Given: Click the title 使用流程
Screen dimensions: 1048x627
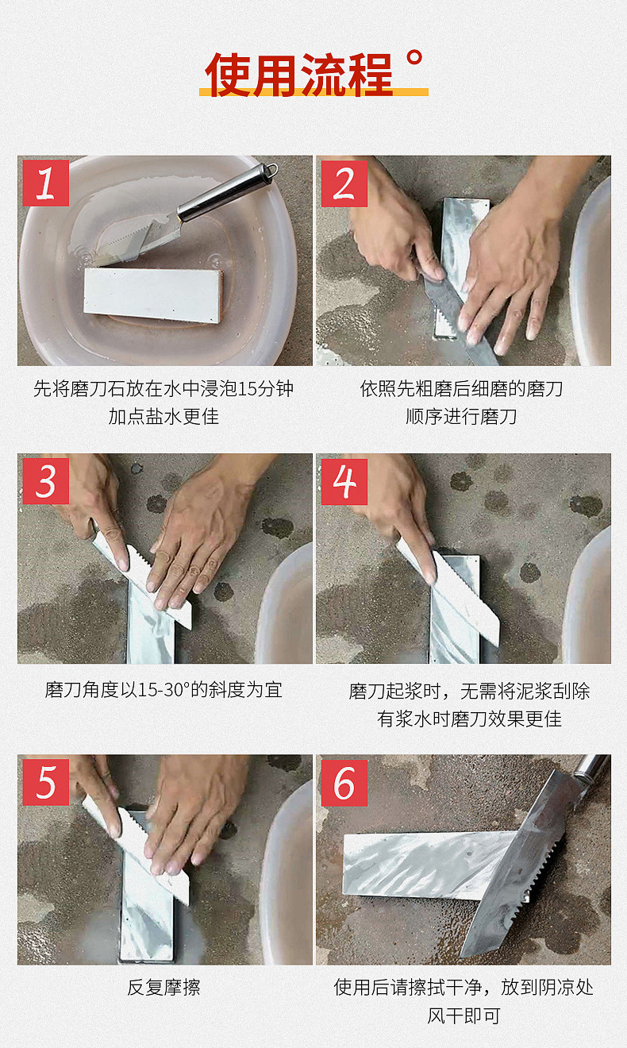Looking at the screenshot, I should (299, 75).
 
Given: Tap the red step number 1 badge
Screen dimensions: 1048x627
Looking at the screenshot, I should (45, 183).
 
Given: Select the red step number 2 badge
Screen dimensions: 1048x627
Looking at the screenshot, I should (344, 183).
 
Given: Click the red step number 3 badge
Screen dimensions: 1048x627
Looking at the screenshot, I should (45, 481).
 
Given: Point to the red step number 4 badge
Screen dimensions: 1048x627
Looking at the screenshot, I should (344, 481).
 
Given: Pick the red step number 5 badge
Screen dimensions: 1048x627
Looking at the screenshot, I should (45, 782).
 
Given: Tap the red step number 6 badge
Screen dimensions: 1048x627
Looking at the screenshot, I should (344, 782).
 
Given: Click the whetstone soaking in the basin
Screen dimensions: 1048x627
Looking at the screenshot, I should (153, 294).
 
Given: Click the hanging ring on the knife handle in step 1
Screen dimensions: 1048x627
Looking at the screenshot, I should (271, 170).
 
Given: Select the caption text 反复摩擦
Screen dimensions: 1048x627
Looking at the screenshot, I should (163, 988).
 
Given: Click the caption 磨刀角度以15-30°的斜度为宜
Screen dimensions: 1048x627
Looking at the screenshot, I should (163, 689).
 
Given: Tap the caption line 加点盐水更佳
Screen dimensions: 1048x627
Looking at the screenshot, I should (163, 416).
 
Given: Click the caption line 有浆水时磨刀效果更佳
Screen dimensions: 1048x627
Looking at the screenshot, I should (469, 719).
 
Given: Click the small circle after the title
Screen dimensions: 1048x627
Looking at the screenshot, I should (414, 58).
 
